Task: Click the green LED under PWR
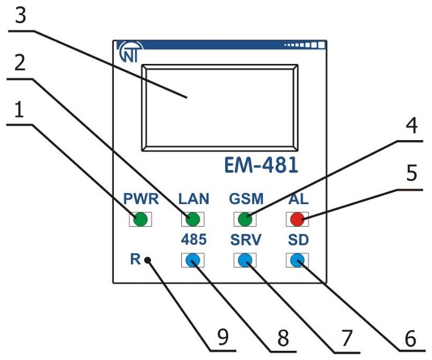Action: coord(141,219)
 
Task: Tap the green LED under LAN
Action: coord(193,219)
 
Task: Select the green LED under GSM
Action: coord(245,219)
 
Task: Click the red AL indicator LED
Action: coord(296,219)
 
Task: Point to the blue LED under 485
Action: coord(193,261)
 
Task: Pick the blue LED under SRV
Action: coord(245,261)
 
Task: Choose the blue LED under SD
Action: coord(296,261)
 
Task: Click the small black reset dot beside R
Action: coord(147,261)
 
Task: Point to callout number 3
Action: coord(21,16)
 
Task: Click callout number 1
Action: coord(19,110)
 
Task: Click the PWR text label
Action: coord(141,199)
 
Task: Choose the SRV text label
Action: coord(245,240)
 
